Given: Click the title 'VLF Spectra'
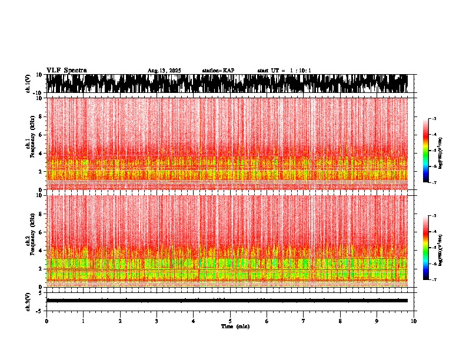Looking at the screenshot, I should click(66, 70).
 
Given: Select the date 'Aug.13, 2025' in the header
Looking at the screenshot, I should click(164, 71).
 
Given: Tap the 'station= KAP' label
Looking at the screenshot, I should click(218, 71).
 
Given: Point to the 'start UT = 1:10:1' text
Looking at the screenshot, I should click(284, 71).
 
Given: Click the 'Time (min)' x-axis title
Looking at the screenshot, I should click(235, 326).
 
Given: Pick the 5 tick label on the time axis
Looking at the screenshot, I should click(230, 321).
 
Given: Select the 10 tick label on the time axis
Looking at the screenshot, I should click(414, 321).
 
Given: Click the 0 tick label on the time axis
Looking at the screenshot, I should click(46, 321).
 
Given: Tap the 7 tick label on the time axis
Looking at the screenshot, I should click(304, 321).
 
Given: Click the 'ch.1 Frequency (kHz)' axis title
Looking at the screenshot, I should click(29, 144).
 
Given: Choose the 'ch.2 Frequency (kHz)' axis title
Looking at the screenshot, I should click(29, 241).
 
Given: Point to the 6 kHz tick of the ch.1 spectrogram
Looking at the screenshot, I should click(41, 135).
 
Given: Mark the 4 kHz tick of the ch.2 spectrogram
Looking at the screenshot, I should click(41, 250).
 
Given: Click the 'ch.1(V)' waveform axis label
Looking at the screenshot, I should click(29, 84).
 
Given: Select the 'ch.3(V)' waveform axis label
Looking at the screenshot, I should click(29, 301).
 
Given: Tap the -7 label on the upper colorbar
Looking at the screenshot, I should click(434, 182).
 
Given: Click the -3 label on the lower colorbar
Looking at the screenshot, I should click(434, 216).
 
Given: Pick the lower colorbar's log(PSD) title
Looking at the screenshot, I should click(441, 248).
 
